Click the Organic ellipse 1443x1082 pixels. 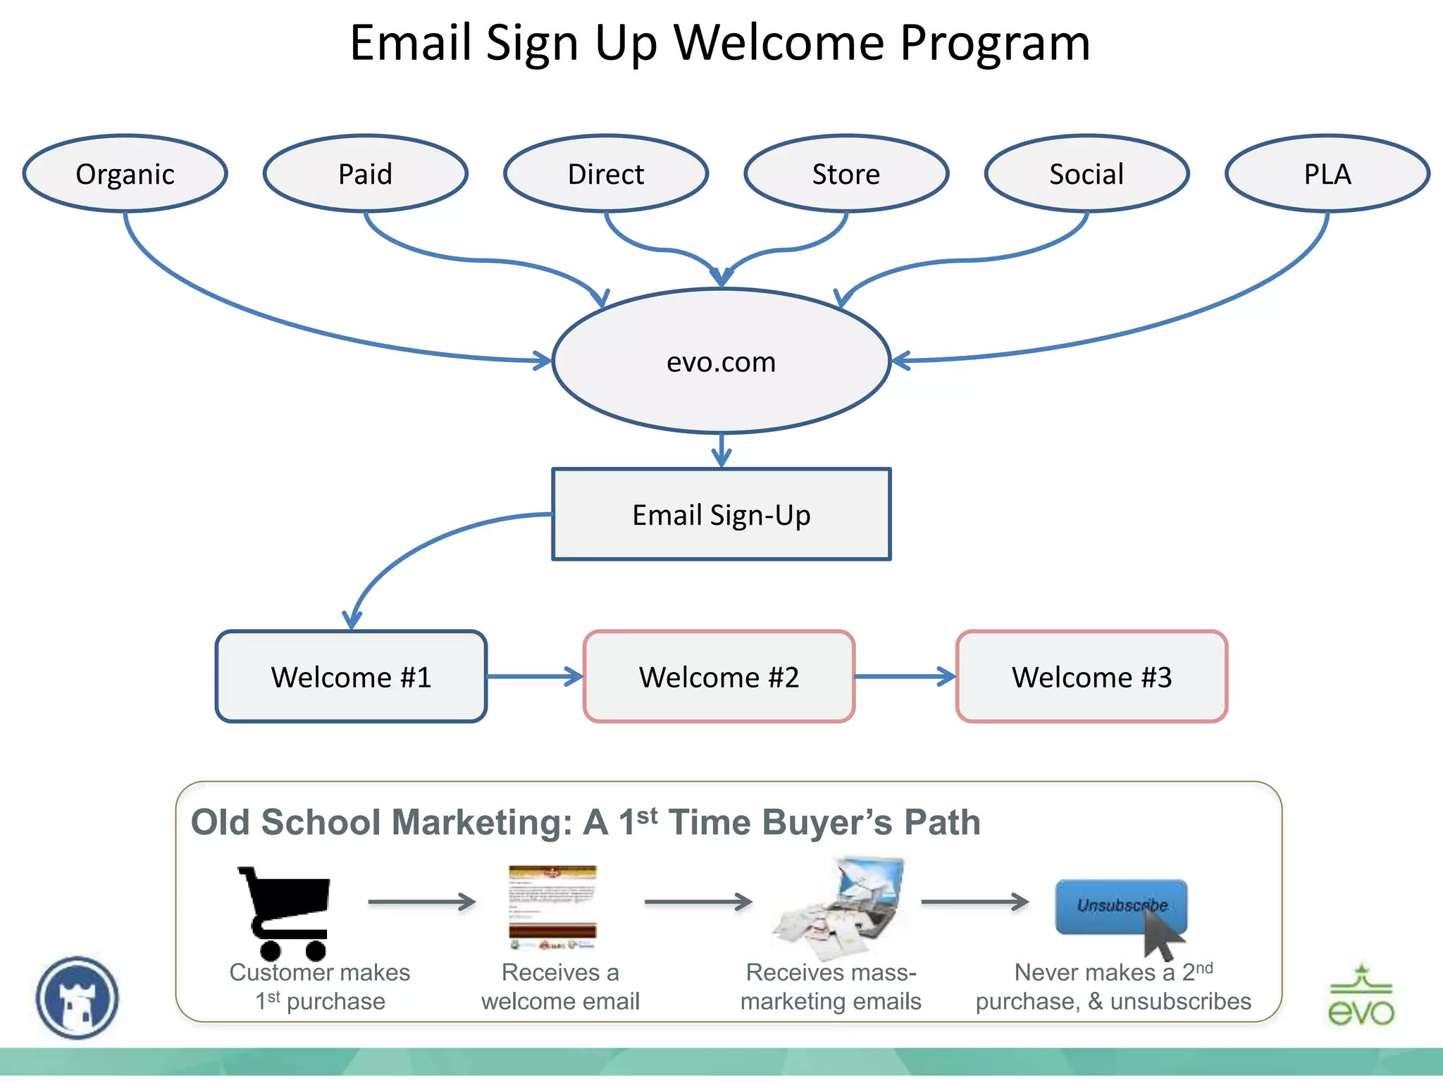tap(125, 173)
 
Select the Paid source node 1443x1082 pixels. tap(365, 173)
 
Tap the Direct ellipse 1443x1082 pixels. tap(605, 173)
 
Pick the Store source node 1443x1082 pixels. tap(846, 173)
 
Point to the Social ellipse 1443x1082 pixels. tap(1086, 173)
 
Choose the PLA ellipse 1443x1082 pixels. tap(1327, 173)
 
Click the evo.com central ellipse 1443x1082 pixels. tap(721, 361)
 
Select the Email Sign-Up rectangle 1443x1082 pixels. tap(721, 514)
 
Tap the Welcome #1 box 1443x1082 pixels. tap(351, 676)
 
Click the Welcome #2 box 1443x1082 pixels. tap(719, 676)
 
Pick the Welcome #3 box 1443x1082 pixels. tap(1091, 676)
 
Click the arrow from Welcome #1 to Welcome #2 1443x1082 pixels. tap(534, 676)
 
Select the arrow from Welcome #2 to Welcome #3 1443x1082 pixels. tap(905, 676)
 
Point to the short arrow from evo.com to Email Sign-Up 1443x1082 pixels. tap(721, 451)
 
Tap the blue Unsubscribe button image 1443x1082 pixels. tap(1120, 907)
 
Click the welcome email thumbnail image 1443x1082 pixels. tap(552, 907)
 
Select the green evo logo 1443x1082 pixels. tap(1361, 996)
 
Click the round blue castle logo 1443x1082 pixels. tap(78, 997)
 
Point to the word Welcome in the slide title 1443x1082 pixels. tap(779, 44)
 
